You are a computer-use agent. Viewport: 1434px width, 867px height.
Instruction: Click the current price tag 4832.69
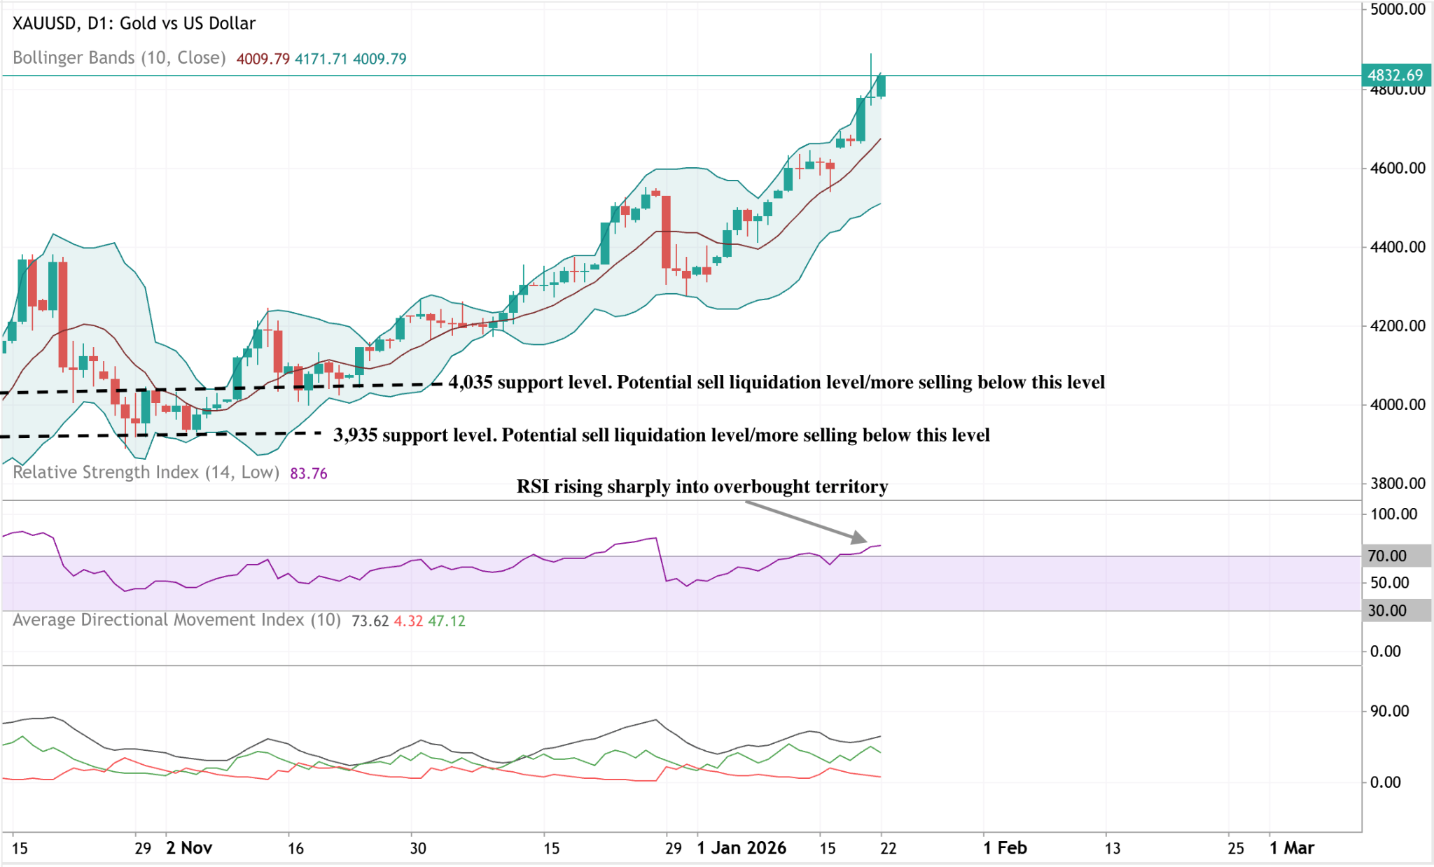(1395, 75)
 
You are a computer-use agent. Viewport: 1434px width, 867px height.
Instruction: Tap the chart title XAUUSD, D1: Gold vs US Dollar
(134, 23)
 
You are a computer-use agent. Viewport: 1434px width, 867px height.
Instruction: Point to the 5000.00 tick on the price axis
(1398, 9)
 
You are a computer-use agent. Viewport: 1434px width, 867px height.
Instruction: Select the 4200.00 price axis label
(1398, 325)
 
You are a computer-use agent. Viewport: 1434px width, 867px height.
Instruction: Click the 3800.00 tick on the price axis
(1398, 483)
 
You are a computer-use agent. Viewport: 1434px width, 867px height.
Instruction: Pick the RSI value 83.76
(308, 474)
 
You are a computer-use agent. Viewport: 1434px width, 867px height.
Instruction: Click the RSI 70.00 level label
(1387, 556)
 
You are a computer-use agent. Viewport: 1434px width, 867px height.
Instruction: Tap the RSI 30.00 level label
(1387, 610)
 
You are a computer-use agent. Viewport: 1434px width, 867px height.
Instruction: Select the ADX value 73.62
(370, 621)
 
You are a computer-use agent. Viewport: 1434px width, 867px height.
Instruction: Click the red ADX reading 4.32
(408, 621)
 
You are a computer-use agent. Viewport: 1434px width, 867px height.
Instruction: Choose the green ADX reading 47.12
(447, 621)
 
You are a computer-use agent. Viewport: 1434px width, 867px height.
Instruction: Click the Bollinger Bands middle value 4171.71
(321, 59)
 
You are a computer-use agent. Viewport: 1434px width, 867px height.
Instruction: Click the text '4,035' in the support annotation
(470, 382)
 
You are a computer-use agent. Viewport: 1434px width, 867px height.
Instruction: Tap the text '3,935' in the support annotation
(355, 435)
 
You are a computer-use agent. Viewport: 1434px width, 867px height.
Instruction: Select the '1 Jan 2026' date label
(742, 848)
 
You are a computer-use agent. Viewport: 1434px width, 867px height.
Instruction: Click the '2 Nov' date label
(189, 848)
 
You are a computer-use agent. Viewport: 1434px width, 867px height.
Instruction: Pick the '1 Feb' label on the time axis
(1005, 848)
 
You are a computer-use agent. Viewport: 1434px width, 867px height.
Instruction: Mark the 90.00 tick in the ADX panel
(1389, 711)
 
